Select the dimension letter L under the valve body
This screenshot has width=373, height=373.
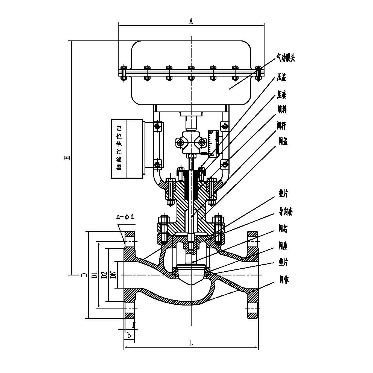(191, 343)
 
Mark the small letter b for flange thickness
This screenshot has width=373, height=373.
(129, 335)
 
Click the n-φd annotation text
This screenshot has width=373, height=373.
(125, 217)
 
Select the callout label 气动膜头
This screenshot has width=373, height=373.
(286, 58)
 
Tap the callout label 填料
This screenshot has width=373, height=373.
(282, 110)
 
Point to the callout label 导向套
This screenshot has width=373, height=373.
(286, 212)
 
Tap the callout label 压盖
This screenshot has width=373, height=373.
(281, 78)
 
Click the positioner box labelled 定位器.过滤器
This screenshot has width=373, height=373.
(127, 148)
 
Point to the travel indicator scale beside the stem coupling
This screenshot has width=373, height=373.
(213, 143)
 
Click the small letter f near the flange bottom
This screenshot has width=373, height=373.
(134, 325)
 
